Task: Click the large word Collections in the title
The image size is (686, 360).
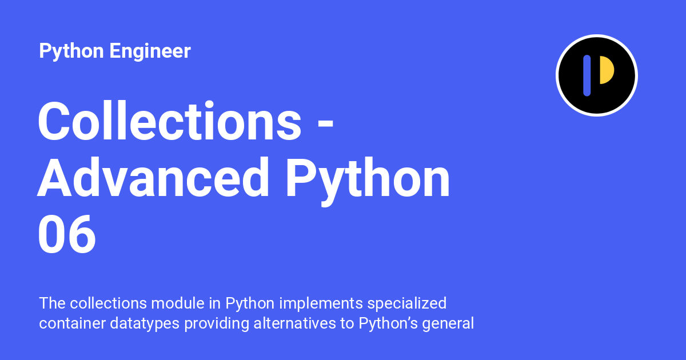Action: [170, 121]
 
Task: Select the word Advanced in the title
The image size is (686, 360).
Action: [153, 178]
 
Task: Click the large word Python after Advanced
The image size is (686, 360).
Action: [368, 181]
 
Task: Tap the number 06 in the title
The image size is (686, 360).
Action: [67, 234]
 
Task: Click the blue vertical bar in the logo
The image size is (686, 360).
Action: [587, 75]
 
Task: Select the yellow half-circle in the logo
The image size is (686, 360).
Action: [607, 70]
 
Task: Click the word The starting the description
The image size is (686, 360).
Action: [52, 303]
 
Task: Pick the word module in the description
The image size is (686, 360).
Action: [178, 303]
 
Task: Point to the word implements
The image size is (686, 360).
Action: [321, 304]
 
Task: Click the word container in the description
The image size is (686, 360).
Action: [72, 323]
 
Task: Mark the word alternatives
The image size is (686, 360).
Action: [294, 323]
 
